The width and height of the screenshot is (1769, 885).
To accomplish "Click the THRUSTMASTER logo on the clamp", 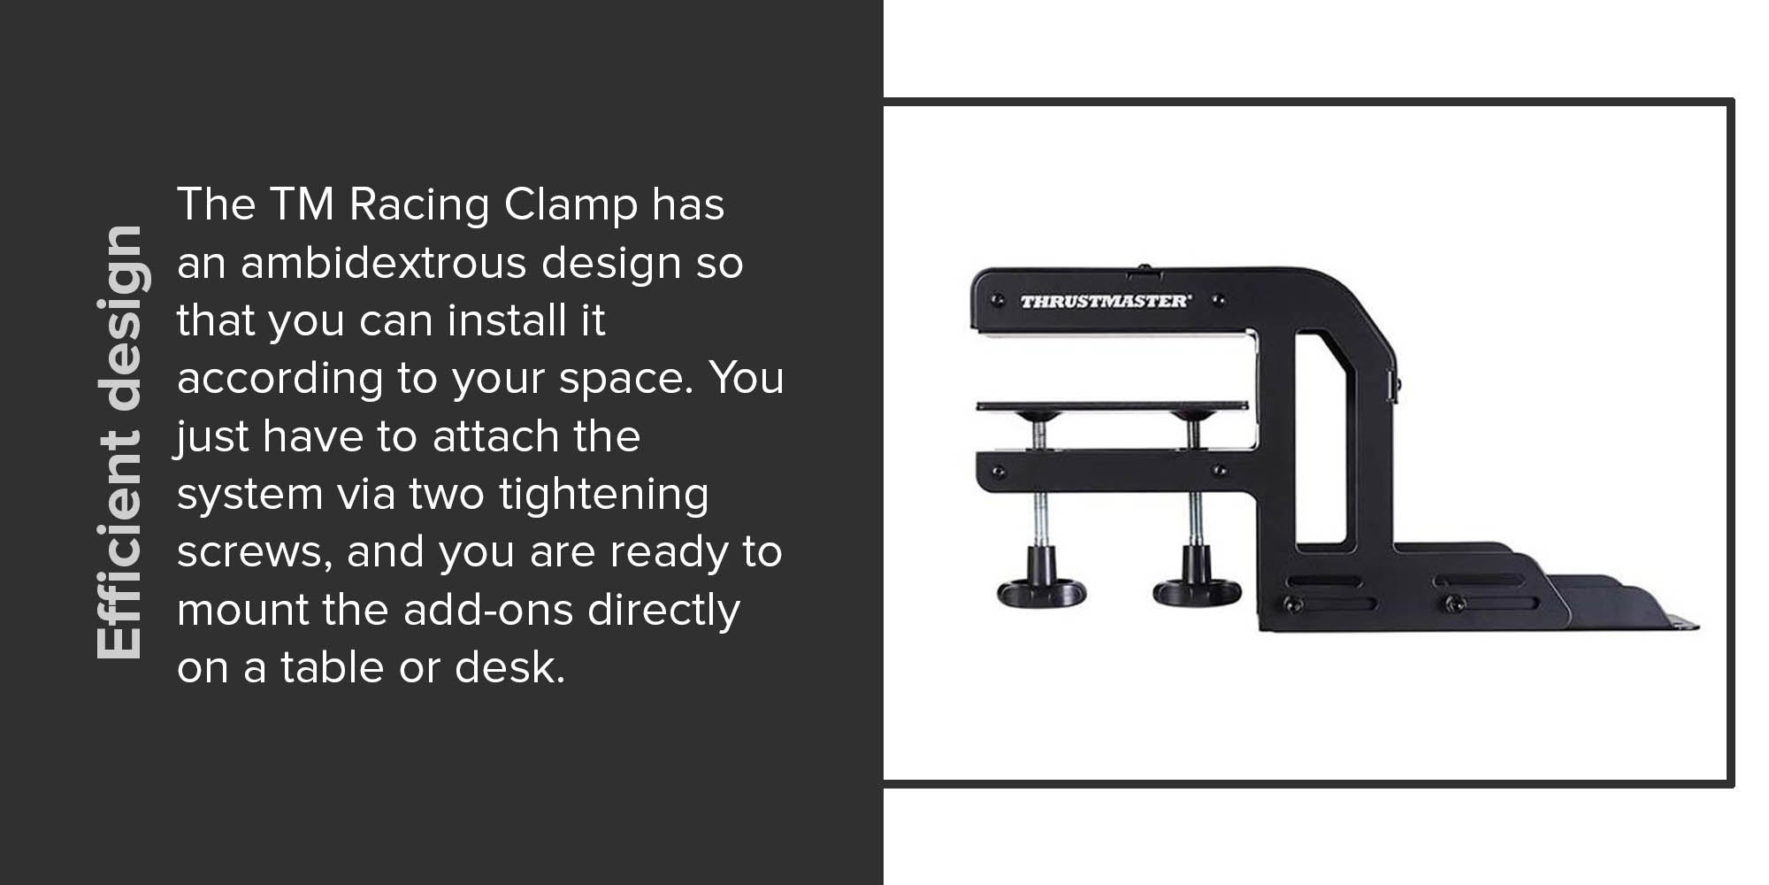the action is (1106, 301).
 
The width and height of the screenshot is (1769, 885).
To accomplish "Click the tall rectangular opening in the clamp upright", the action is (1321, 438).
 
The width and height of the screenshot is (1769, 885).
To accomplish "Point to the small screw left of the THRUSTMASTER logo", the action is (998, 301).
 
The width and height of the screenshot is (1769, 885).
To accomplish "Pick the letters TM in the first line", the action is (302, 204).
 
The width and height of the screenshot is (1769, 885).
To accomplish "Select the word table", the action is (333, 667).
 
